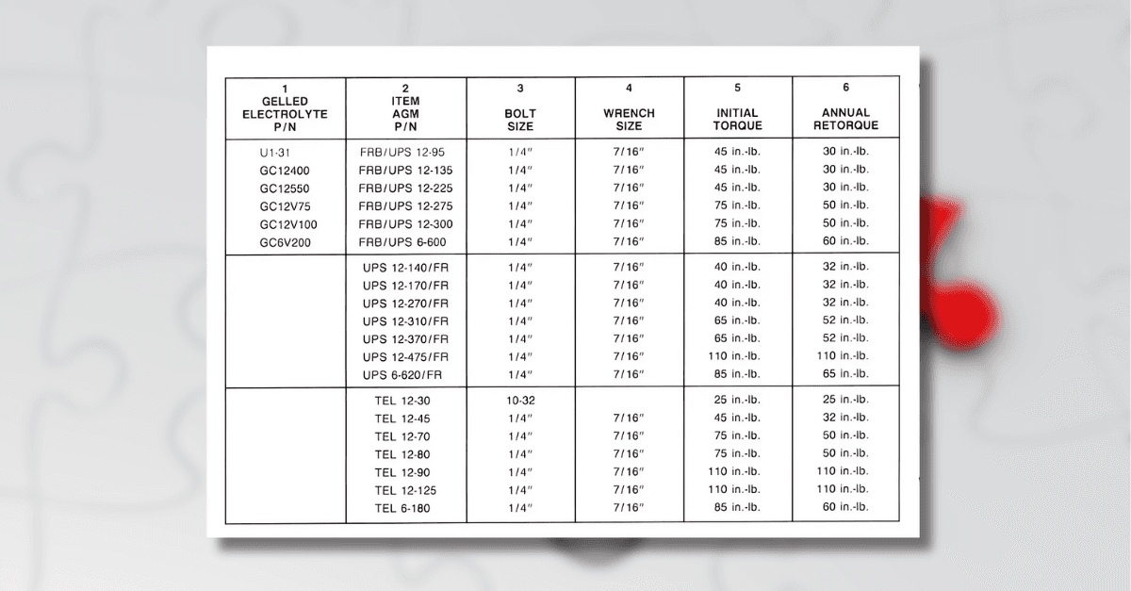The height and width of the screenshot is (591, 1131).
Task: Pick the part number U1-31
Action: pyautogui.click(x=279, y=152)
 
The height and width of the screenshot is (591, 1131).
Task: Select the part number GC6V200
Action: pyautogui.click(x=285, y=242)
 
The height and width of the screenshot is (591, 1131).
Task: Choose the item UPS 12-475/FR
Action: pyautogui.click(x=406, y=356)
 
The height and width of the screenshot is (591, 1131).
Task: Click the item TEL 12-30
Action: pyautogui.click(x=402, y=400)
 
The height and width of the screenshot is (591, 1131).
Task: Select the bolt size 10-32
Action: pyautogui.click(x=520, y=400)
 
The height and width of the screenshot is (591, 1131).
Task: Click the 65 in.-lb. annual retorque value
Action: pyautogui.click(x=844, y=375)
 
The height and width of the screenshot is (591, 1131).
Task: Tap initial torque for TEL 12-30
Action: pyautogui.click(x=737, y=400)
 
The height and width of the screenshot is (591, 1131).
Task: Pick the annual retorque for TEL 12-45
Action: pyautogui.click(x=844, y=418)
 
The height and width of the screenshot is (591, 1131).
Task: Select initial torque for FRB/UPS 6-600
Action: pyautogui.click(x=737, y=242)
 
